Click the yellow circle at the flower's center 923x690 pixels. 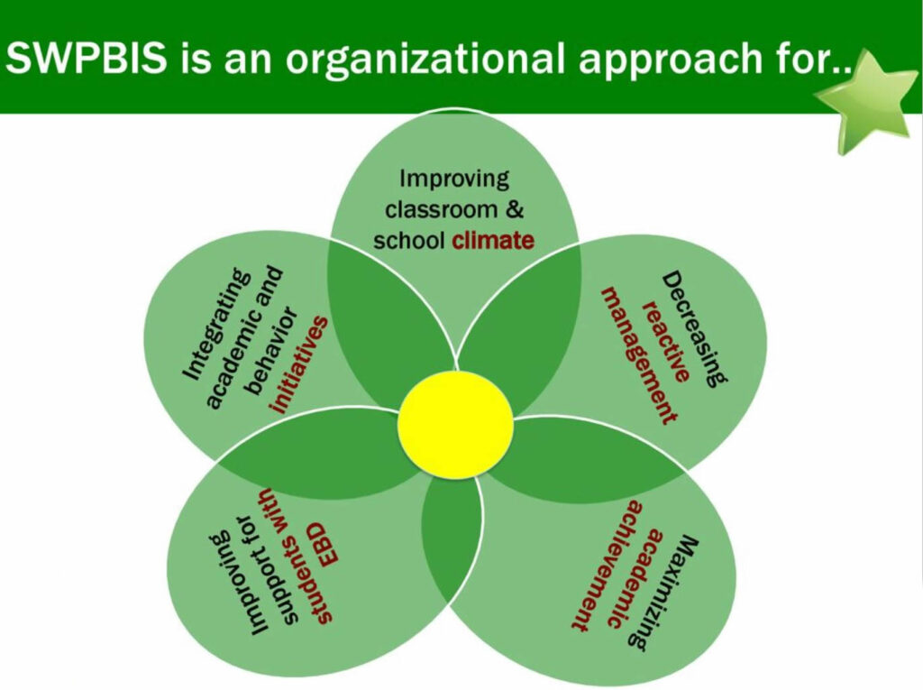[455, 424]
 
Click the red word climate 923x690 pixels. [493, 241]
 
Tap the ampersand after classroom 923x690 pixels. [514, 209]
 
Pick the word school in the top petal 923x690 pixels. [409, 241]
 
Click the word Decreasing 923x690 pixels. [695, 329]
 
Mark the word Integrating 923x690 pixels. [215, 324]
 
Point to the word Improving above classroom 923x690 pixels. [454, 179]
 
